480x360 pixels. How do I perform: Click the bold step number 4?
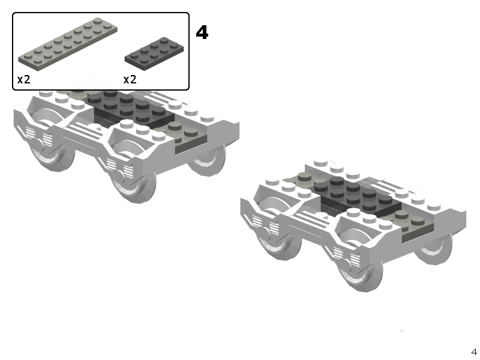coord(202,32)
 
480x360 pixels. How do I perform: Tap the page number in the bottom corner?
coord(474,352)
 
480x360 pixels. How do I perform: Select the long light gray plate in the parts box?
coord(68,44)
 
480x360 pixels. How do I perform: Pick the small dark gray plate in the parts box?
coord(154,53)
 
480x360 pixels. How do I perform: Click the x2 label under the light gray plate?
coord(24,80)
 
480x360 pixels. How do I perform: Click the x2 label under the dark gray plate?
coord(130,80)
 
